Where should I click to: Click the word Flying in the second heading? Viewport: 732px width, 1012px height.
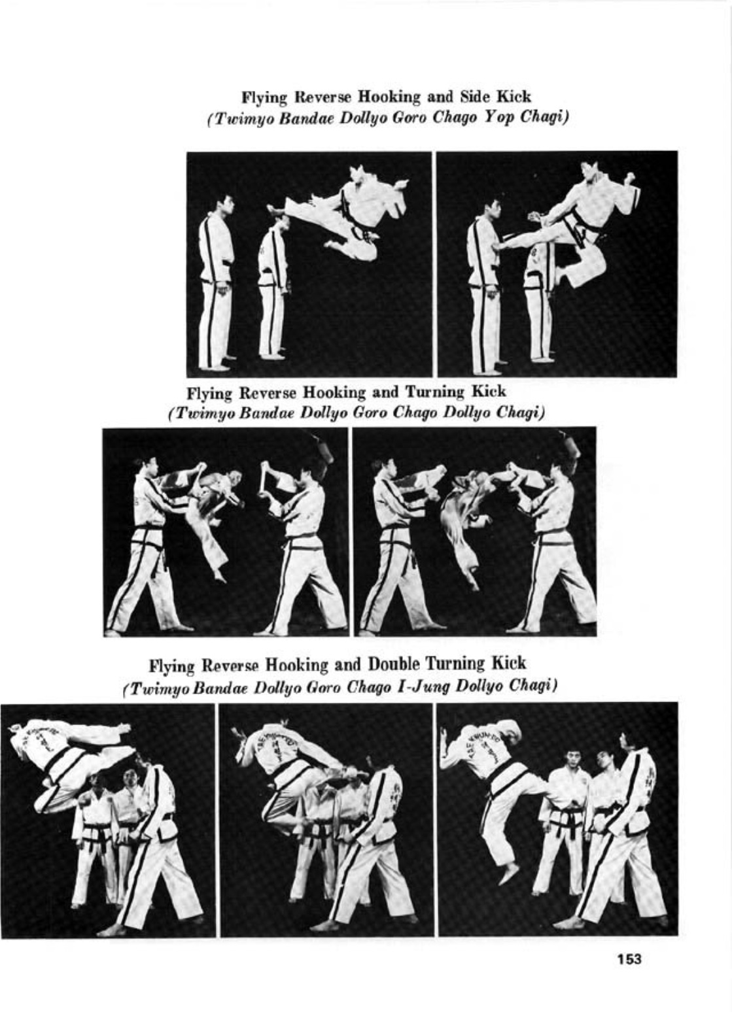pos(210,393)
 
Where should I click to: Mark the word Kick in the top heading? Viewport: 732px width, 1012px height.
pos(516,97)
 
